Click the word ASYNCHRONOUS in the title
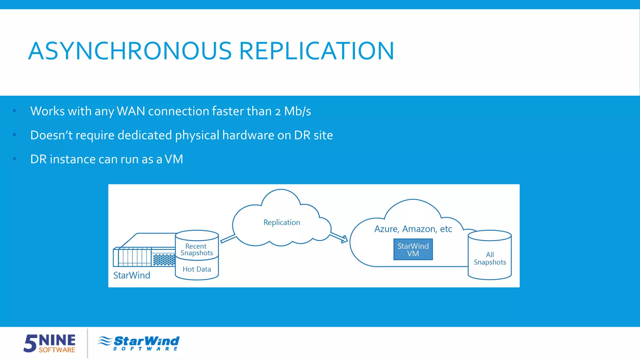click(x=130, y=51)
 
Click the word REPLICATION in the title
click(x=316, y=51)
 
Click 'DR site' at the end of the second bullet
click(x=313, y=135)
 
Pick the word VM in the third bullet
click(x=174, y=159)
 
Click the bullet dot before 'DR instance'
click(x=14, y=159)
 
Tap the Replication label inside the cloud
click(x=282, y=222)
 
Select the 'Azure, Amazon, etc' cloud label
click(x=413, y=229)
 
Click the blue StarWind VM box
click(x=413, y=249)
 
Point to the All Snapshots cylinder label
click(x=490, y=258)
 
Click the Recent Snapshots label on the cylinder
click(x=197, y=249)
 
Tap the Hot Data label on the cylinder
click(x=197, y=269)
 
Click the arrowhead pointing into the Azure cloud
click(x=344, y=239)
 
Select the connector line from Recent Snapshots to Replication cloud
click(x=228, y=239)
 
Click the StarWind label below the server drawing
click(x=132, y=275)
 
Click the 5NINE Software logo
click(x=50, y=343)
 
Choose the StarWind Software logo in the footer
click(x=139, y=343)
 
